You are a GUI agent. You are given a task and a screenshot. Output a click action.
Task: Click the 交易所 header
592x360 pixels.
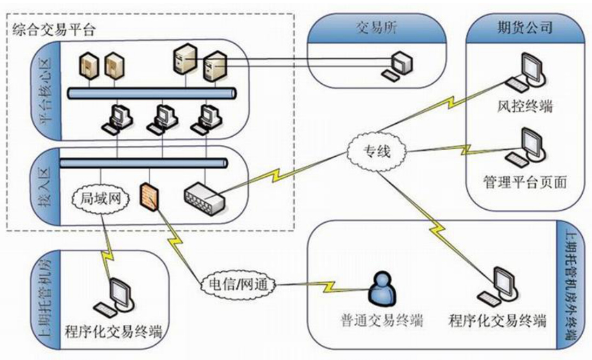(x=377, y=28)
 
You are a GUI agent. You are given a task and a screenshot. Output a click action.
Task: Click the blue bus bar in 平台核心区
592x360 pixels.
(x=152, y=94)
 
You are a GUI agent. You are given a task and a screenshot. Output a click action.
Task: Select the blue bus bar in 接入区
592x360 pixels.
(x=143, y=162)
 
